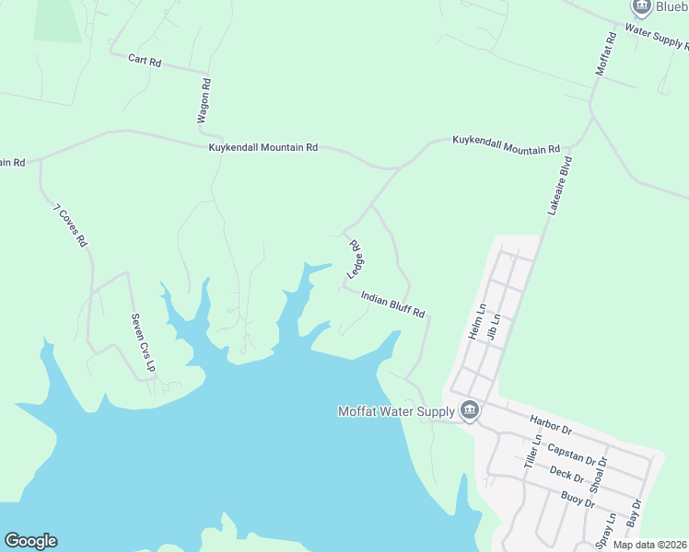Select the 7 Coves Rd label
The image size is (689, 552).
[69, 225]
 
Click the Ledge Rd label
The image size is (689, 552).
[355, 260]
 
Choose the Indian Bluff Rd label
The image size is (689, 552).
[392, 305]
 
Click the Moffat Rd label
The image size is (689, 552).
[605, 54]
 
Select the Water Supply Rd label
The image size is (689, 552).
[656, 35]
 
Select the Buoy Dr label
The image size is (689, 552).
[577, 500]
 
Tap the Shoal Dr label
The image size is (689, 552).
[600, 474]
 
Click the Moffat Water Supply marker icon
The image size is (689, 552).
[469, 410]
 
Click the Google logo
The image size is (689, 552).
[30, 541]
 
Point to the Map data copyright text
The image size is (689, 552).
[649, 545]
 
